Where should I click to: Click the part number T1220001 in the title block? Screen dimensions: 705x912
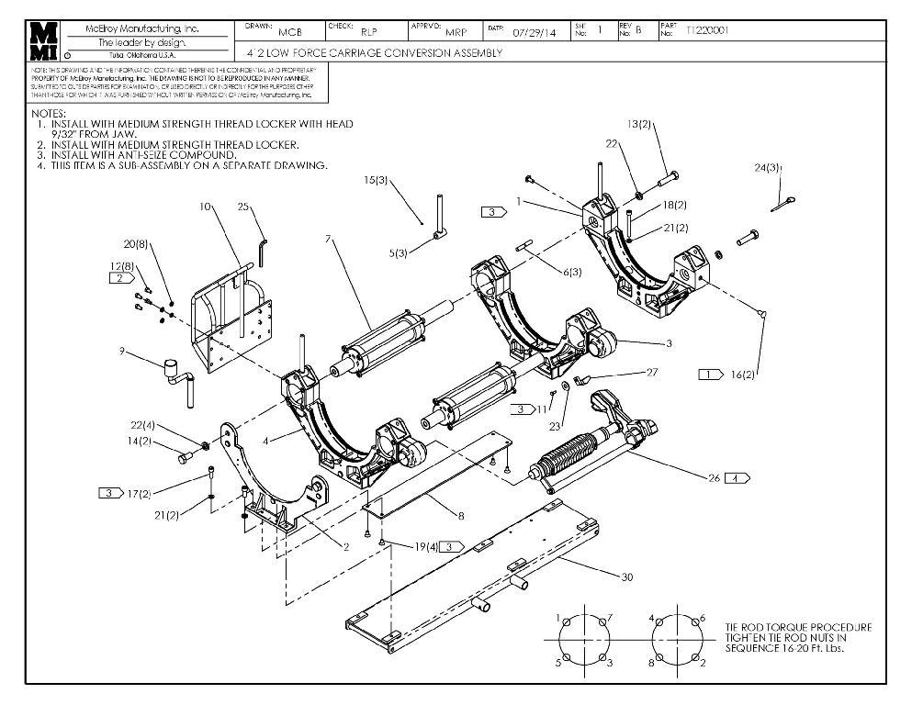pos(707,30)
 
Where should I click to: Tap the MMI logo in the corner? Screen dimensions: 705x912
pos(44,41)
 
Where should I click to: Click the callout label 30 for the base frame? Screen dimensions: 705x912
pos(627,576)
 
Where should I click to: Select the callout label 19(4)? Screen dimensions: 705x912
pos(424,547)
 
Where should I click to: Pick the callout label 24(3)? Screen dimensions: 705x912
pos(769,168)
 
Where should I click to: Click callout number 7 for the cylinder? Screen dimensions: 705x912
pos(328,240)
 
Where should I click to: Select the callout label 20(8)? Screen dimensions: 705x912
pos(136,243)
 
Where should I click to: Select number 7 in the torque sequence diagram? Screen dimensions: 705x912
pos(609,618)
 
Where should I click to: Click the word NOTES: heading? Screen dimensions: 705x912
pos(48,113)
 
